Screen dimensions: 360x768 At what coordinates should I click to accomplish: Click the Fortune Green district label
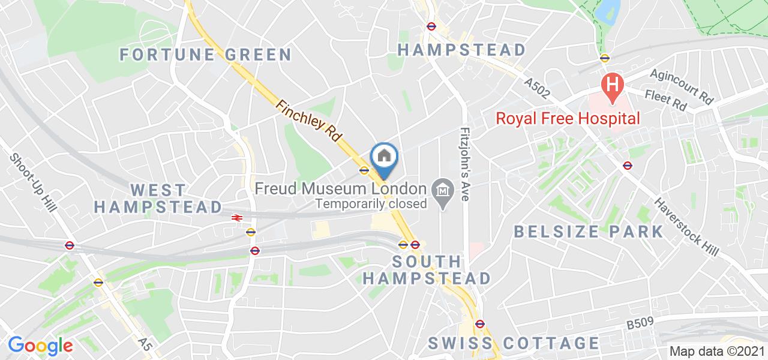(x=206, y=55)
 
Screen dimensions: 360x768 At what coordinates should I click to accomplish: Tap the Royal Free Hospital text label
(x=568, y=118)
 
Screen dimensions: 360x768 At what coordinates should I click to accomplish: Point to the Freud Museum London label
(x=340, y=188)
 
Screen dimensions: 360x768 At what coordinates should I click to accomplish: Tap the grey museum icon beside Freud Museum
(x=443, y=191)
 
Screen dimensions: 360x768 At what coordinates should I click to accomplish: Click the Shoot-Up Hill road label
(x=33, y=182)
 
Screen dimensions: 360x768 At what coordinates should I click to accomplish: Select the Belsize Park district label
(x=589, y=232)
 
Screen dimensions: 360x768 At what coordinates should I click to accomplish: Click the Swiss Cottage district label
(x=514, y=343)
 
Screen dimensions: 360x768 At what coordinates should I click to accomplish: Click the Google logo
(x=40, y=345)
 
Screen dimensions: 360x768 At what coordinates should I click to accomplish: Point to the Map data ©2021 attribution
(x=717, y=352)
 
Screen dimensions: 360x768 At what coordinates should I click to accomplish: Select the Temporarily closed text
(x=371, y=203)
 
